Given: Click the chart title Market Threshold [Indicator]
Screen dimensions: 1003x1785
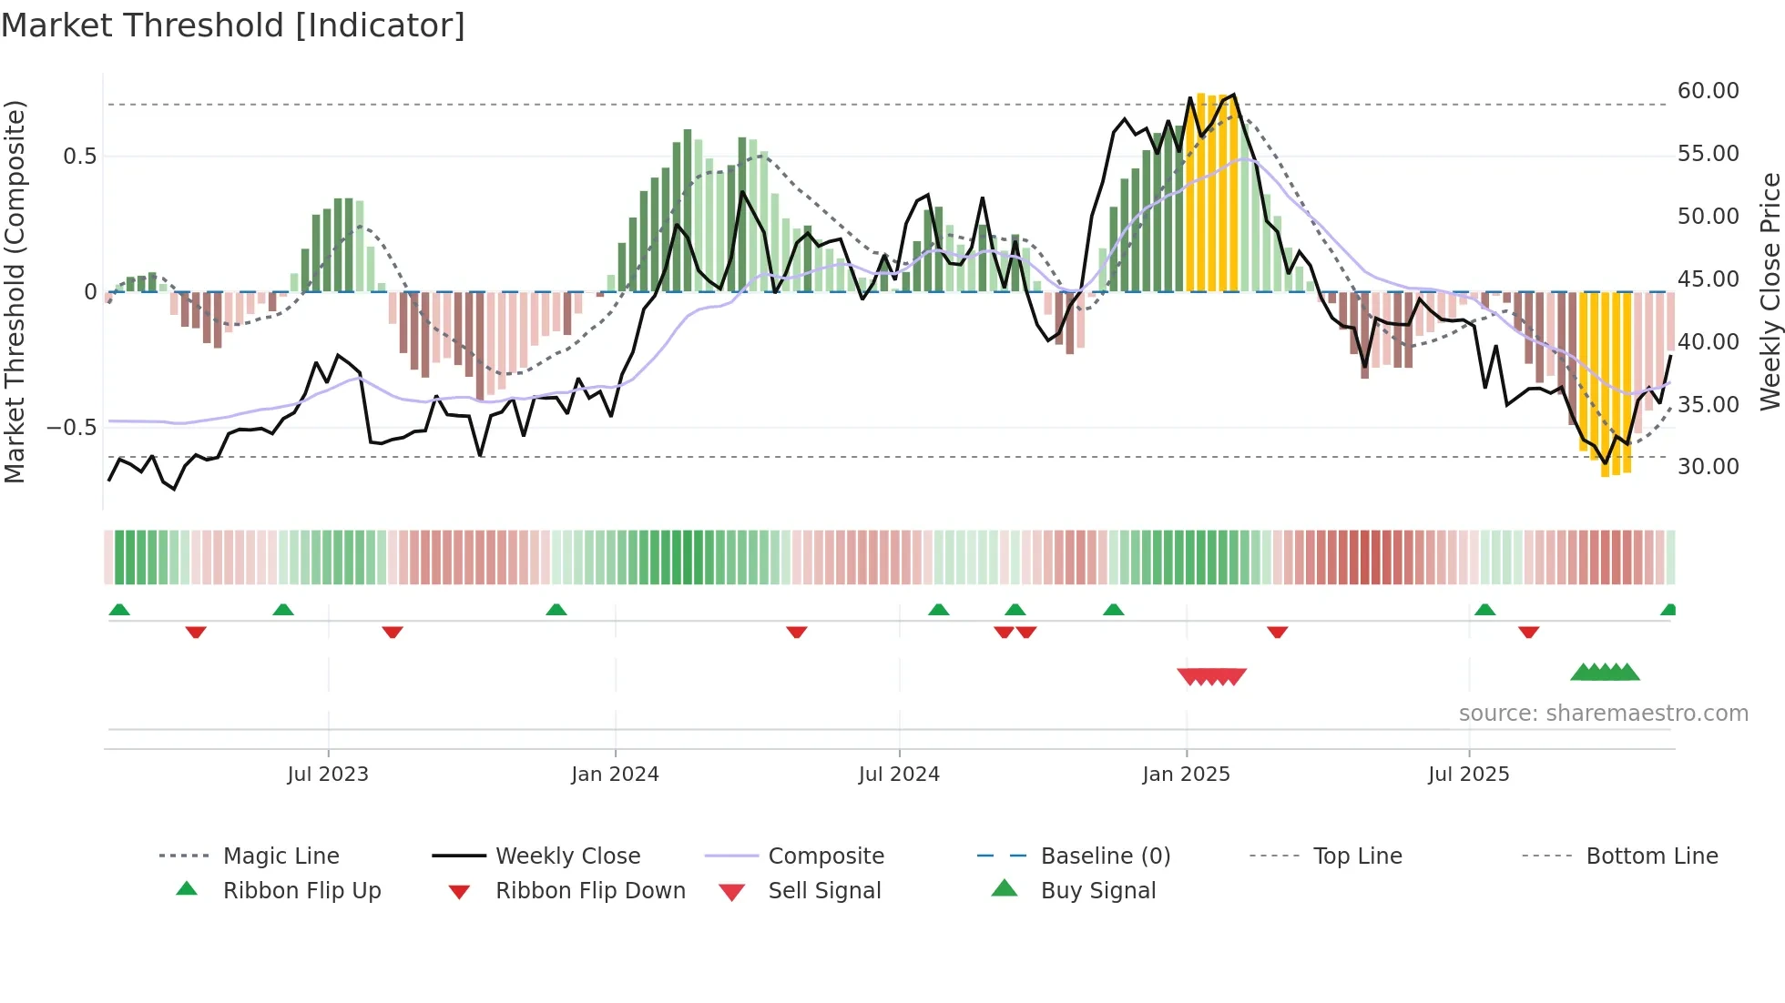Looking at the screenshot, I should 233,25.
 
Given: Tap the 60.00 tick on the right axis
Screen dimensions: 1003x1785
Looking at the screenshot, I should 1708,91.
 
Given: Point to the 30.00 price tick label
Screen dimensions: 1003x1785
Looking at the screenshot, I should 1708,467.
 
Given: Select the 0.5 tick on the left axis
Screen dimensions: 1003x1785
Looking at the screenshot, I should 79,157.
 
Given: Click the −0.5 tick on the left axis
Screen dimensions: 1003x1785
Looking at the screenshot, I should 71,428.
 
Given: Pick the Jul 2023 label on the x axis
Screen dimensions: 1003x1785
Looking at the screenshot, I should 328,775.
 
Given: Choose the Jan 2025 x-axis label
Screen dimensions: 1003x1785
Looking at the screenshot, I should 1186,775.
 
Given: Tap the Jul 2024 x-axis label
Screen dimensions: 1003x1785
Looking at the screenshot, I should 899,775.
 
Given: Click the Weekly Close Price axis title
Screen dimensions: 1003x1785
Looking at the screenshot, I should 1770,291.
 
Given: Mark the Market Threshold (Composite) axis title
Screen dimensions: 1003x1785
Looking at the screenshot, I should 15,291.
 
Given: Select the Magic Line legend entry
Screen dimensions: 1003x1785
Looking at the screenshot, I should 280,856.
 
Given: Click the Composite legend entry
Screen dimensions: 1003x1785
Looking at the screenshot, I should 825,856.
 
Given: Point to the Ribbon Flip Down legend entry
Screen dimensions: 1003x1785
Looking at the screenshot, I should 590,891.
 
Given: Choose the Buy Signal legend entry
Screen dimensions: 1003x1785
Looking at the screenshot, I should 1097,891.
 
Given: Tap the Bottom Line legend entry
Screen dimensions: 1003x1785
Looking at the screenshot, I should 1651,856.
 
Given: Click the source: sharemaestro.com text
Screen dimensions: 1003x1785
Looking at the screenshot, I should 1603,714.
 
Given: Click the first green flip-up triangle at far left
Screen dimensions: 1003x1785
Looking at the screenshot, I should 119,610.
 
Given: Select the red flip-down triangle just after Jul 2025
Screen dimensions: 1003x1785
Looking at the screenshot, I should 1528,632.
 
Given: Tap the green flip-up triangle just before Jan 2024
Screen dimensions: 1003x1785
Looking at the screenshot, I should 556,610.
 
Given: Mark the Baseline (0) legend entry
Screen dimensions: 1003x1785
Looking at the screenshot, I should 1105,856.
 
